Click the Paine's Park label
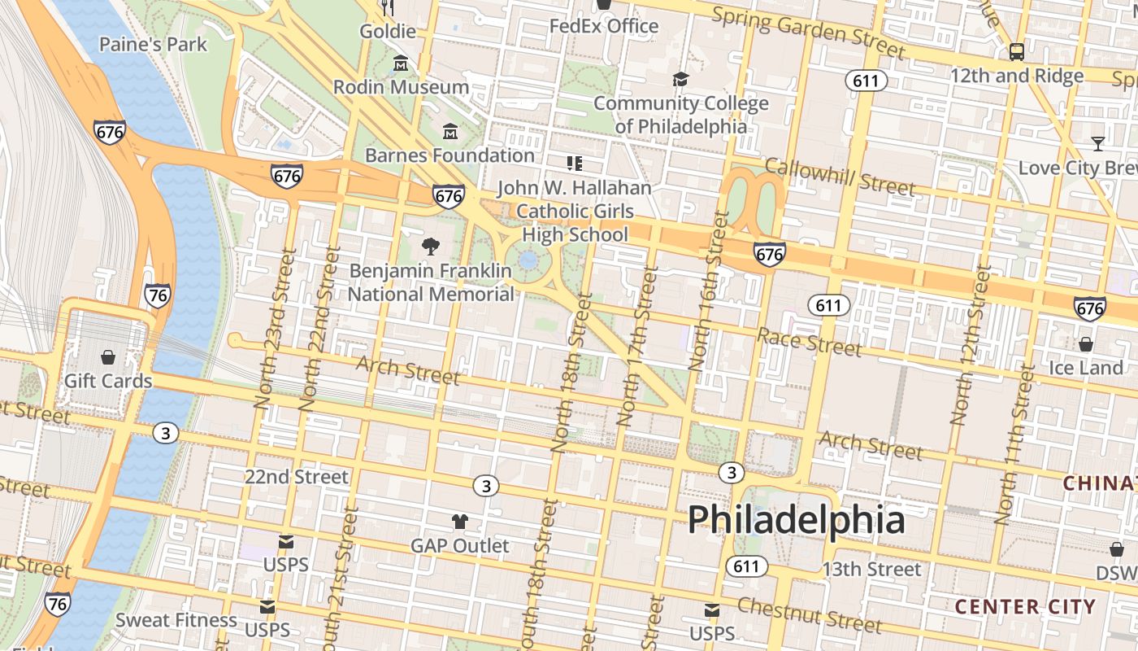click(x=154, y=44)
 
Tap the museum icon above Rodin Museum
click(x=401, y=63)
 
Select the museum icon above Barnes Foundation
click(x=450, y=131)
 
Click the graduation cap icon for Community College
click(x=680, y=79)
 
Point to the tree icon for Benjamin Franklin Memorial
click(x=431, y=246)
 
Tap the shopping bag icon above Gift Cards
click(x=107, y=357)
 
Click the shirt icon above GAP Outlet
click(x=460, y=522)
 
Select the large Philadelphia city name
click(x=796, y=519)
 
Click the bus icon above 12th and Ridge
click(x=1016, y=52)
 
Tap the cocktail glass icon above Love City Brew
click(x=1098, y=144)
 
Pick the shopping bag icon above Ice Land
click(x=1085, y=344)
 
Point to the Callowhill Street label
click(x=840, y=177)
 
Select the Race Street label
click(x=809, y=342)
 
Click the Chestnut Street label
click(x=809, y=615)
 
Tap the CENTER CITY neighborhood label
click(x=1025, y=606)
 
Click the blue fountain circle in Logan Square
click(x=528, y=261)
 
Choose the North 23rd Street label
click(x=273, y=329)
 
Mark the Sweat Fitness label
click(x=176, y=620)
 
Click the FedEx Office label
click(x=604, y=26)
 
